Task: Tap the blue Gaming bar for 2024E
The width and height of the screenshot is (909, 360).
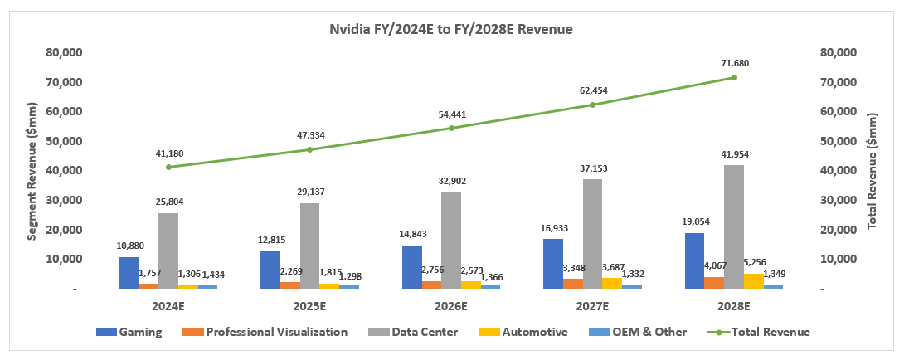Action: click(x=129, y=273)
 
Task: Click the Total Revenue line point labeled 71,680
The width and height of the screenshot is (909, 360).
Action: click(x=734, y=77)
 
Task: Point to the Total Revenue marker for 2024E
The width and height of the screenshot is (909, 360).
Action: click(x=168, y=167)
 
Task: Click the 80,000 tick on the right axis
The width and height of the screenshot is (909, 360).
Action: click(x=838, y=52)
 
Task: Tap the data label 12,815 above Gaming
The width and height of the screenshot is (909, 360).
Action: click(x=270, y=239)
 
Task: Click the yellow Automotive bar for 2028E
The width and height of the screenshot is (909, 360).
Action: click(x=754, y=281)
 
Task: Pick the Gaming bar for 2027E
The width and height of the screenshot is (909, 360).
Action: click(x=552, y=264)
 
